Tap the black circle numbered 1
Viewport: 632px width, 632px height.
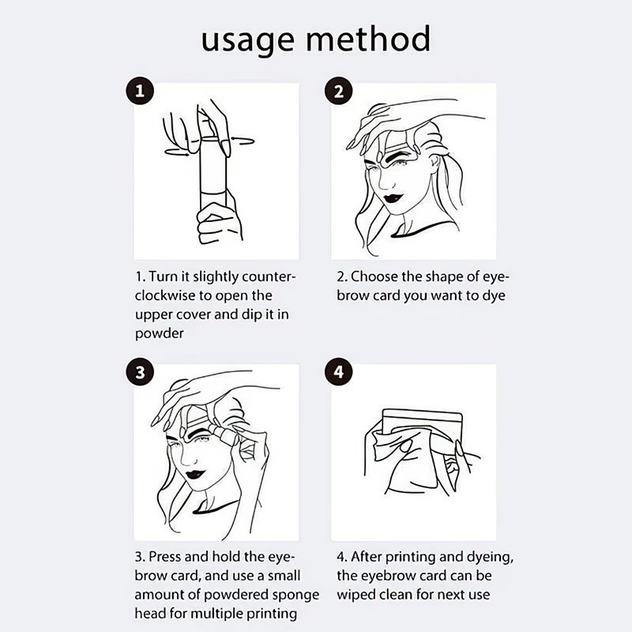[x=141, y=92]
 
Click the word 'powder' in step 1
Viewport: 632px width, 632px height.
[x=159, y=333]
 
